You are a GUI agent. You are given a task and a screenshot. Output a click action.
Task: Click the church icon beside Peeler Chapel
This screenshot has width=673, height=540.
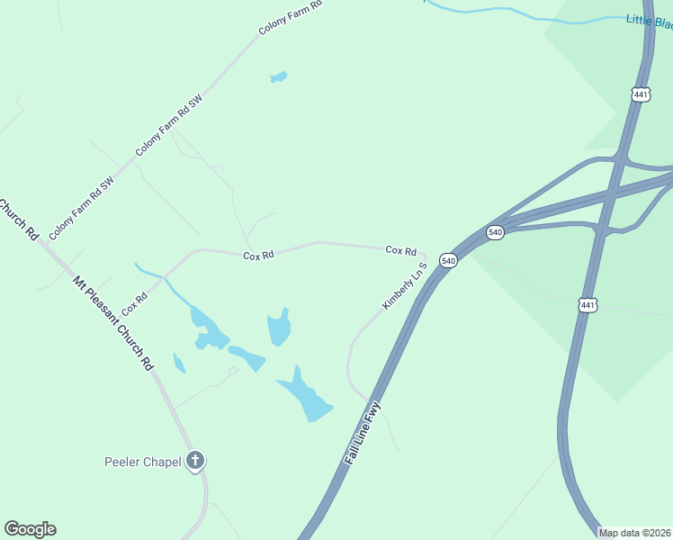pyautogui.click(x=195, y=462)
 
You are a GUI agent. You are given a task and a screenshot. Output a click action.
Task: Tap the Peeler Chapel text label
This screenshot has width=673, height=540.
pyautogui.click(x=142, y=463)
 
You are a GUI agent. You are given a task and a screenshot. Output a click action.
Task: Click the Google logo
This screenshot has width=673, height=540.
pyautogui.click(x=30, y=529)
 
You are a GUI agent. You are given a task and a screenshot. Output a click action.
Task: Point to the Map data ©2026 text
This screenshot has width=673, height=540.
pyautogui.click(x=634, y=533)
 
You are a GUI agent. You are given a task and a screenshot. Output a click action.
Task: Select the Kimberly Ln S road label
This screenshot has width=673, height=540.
pyautogui.click(x=404, y=287)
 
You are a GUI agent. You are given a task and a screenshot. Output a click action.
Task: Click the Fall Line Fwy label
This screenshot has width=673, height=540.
pyautogui.click(x=363, y=434)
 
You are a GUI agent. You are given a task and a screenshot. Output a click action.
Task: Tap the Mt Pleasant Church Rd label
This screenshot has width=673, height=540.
pyautogui.click(x=112, y=324)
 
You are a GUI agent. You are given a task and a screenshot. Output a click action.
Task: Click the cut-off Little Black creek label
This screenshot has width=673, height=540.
pyautogui.click(x=649, y=21)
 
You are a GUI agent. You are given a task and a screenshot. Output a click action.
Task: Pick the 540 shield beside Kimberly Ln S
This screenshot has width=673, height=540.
pyautogui.click(x=449, y=260)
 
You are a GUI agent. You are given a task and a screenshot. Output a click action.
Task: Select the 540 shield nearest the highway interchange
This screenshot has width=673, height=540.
pyautogui.click(x=495, y=232)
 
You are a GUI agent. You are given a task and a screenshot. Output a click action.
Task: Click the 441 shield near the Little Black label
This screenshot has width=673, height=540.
pyautogui.click(x=640, y=94)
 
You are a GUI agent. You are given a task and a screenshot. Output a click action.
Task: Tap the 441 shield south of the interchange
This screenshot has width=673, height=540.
pyautogui.click(x=588, y=305)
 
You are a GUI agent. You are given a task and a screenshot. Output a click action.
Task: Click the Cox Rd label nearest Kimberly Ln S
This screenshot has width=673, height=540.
pyautogui.click(x=400, y=250)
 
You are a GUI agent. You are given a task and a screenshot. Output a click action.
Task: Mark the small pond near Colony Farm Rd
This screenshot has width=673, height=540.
pyautogui.click(x=278, y=77)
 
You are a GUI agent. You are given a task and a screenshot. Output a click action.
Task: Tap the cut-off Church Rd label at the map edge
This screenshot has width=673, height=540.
pyautogui.click(x=19, y=218)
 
